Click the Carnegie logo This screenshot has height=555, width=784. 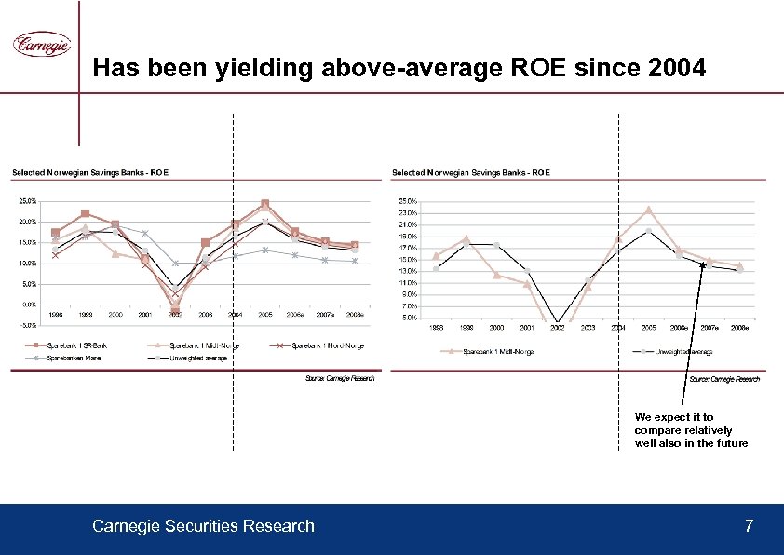[x=41, y=45]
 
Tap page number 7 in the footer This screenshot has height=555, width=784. [x=749, y=527]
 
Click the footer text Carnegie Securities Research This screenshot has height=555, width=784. [x=203, y=527]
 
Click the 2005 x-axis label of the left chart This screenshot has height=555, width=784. [x=265, y=315]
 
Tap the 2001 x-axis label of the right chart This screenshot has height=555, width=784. [x=527, y=328]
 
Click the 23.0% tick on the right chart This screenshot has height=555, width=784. [x=407, y=213]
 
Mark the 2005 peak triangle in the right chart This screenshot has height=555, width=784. [x=649, y=210]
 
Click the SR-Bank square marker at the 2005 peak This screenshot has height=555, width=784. [x=265, y=203]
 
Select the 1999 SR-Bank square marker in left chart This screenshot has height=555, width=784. [x=85, y=214]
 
